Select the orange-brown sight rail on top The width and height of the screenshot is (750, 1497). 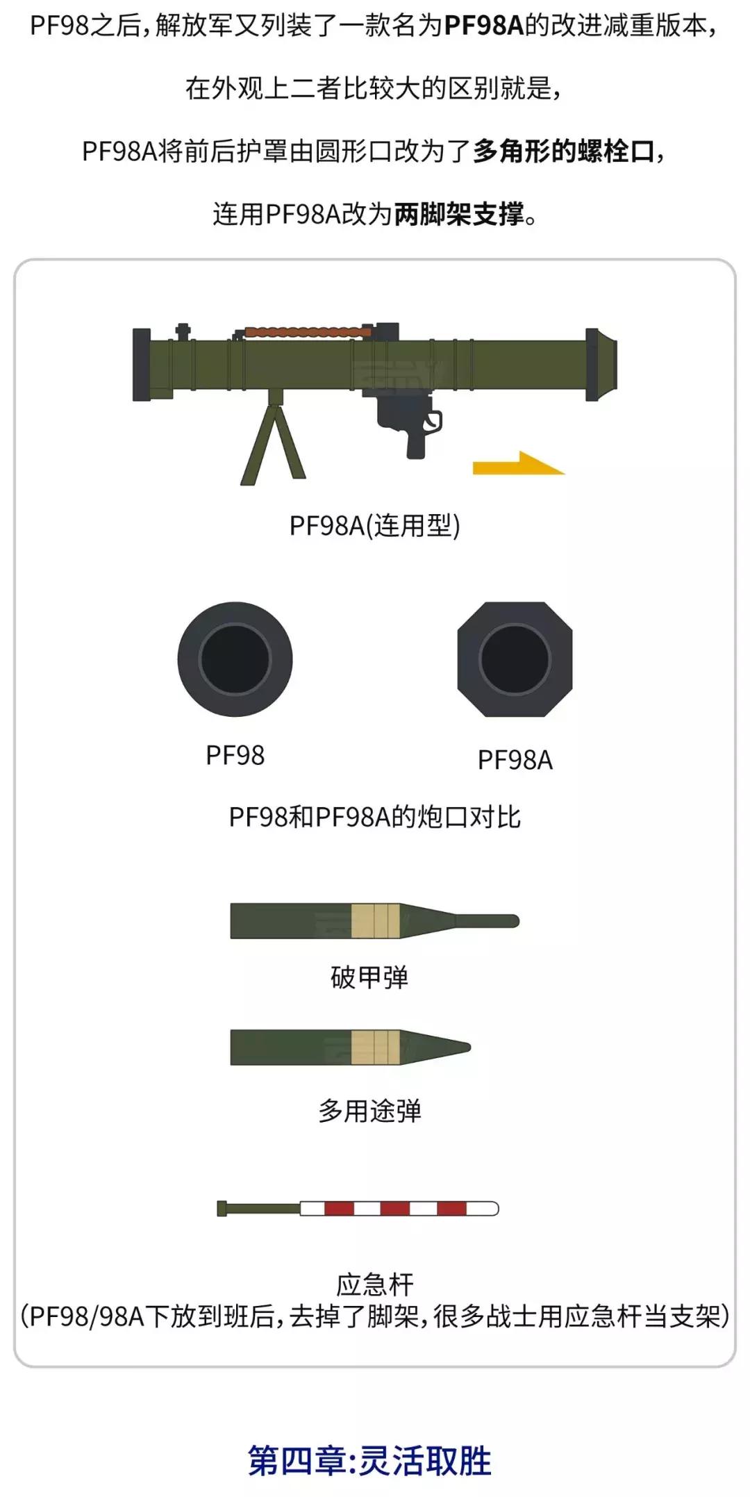306,332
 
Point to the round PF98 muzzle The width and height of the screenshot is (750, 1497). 235,659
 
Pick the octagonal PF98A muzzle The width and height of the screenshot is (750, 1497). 515,659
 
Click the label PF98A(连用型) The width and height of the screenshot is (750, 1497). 375,526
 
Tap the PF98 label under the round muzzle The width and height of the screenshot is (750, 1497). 235,755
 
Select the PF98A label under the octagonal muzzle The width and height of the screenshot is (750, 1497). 515,760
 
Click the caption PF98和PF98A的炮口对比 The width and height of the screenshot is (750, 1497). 375,817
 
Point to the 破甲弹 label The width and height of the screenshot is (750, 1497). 369,977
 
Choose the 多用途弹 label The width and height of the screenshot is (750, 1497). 369,1111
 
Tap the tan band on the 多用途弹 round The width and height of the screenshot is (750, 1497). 376,1048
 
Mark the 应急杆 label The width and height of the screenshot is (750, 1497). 375,1284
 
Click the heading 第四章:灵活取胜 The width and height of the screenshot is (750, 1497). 370,1460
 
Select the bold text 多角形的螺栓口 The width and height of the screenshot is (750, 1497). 564,151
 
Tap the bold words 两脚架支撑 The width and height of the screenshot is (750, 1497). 459,214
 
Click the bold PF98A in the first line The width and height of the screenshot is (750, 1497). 484,26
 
